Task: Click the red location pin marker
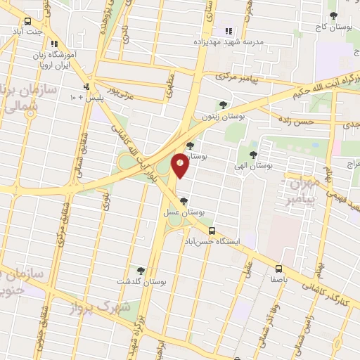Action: click(181, 165)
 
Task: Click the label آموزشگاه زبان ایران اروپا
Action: click(56, 59)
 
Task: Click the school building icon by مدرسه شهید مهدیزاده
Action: click(228, 30)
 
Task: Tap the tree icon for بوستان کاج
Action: click(333, 15)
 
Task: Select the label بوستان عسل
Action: click(187, 211)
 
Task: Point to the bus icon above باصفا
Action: click(279, 268)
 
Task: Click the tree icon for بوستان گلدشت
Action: click(141, 270)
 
